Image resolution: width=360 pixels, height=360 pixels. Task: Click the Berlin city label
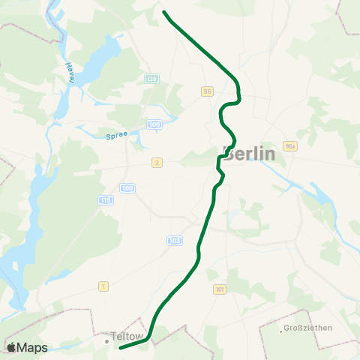point(250,154)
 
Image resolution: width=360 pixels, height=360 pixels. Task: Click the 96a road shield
point(291,146)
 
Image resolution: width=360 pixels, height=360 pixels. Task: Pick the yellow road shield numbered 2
point(157,162)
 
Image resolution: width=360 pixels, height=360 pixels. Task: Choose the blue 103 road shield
point(174,241)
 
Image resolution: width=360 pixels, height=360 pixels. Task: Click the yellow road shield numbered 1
point(103,286)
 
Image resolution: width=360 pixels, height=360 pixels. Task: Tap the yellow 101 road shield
point(219,289)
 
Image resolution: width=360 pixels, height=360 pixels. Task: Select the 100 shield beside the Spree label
point(154,124)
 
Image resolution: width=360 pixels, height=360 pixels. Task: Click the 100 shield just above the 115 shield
point(127,187)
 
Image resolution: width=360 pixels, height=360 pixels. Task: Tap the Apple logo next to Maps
point(11,347)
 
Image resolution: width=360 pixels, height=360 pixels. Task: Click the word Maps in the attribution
point(32,347)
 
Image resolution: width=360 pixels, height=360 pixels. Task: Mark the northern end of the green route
point(164,12)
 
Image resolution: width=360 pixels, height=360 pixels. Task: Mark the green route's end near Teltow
point(120,348)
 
